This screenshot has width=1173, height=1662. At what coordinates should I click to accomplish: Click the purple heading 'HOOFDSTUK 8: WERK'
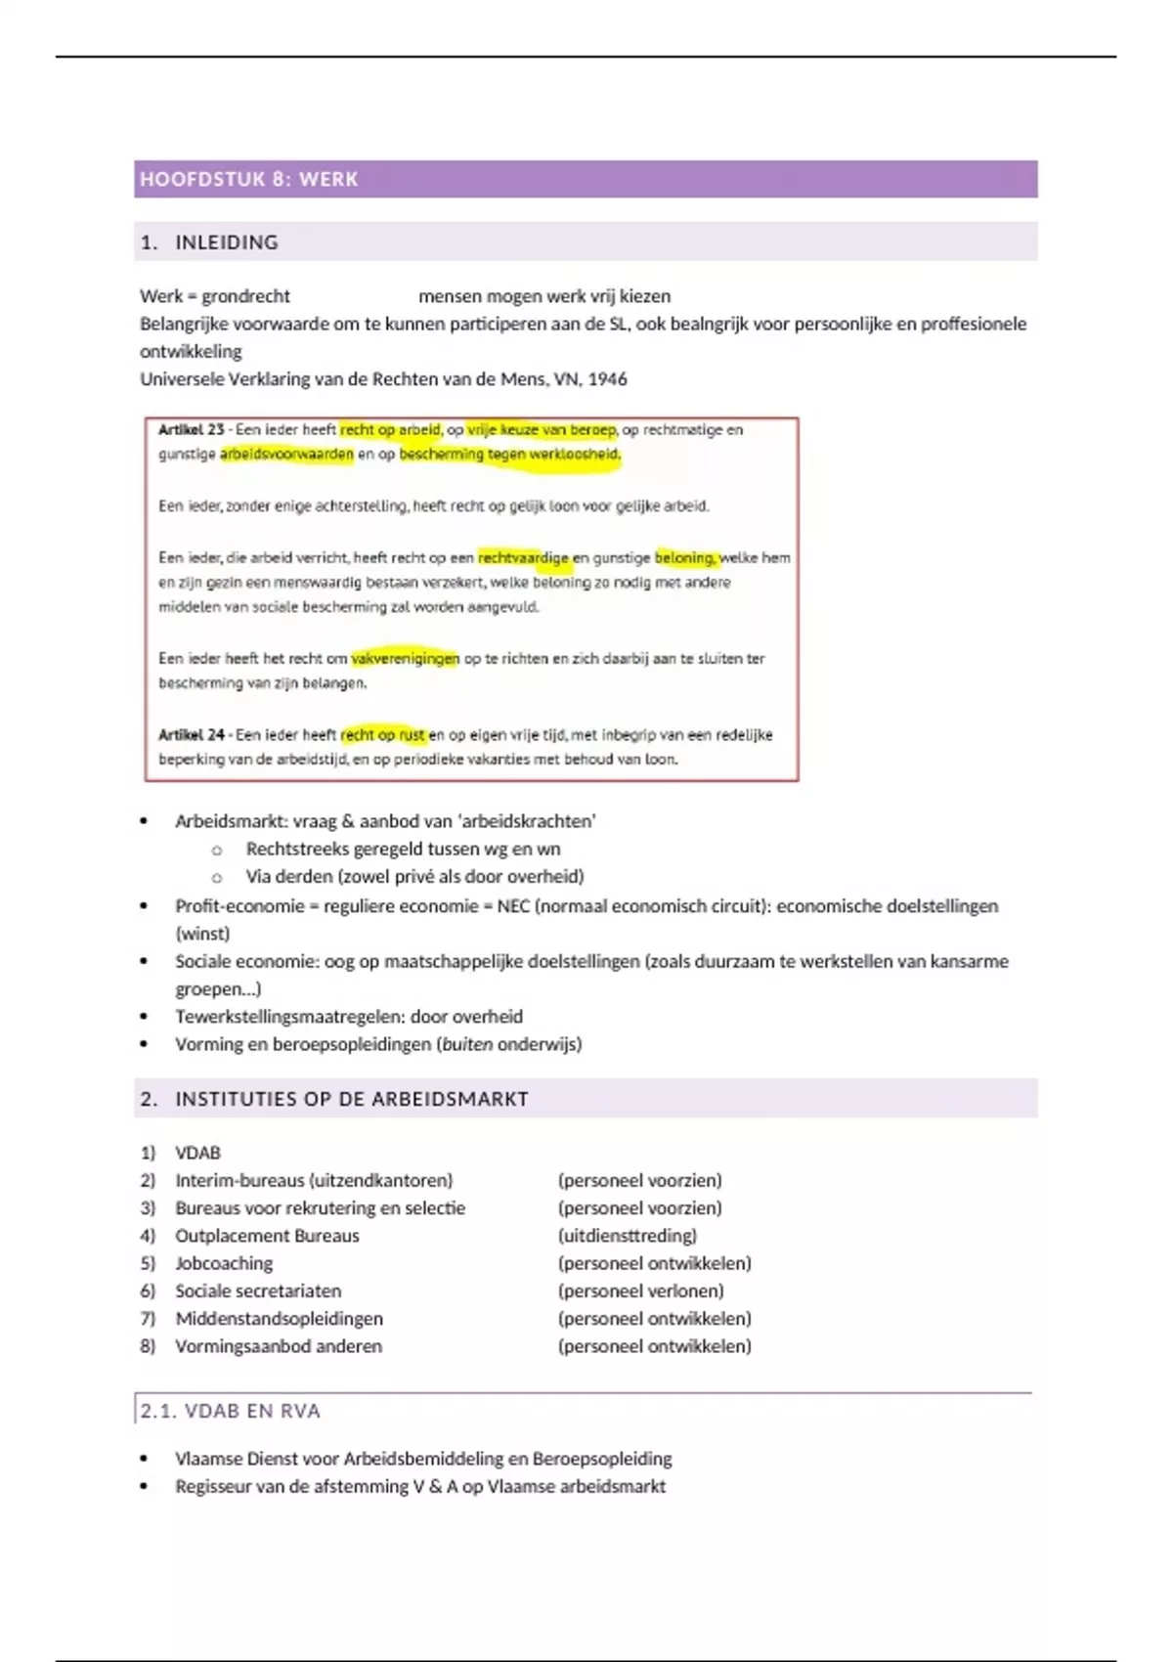(x=248, y=179)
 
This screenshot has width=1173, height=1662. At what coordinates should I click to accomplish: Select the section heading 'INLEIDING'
(x=226, y=242)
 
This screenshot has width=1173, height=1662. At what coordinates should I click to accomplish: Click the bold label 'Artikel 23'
(x=191, y=429)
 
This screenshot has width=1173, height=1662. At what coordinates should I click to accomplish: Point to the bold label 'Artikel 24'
(x=191, y=734)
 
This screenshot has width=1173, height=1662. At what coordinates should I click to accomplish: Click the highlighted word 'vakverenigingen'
(x=405, y=659)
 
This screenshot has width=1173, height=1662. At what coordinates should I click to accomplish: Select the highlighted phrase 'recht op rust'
(x=383, y=734)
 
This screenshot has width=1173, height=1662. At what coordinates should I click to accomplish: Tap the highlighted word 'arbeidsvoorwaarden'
(x=285, y=455)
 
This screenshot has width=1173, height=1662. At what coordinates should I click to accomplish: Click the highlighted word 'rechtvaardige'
(x=522, y=558)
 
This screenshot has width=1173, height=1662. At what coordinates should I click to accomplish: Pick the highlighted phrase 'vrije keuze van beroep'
(x=541, y=429)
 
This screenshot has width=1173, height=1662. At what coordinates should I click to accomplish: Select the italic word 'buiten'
(x=467, y=1044)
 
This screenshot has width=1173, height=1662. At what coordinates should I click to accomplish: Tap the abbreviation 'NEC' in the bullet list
(x=513, y=906)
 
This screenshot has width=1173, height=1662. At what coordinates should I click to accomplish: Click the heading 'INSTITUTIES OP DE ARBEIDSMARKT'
(x=351, y=1099)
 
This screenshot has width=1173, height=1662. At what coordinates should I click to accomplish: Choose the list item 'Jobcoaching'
(x=224, y=1263)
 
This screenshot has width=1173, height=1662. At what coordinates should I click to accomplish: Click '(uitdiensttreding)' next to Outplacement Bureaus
(x=627, y=1236)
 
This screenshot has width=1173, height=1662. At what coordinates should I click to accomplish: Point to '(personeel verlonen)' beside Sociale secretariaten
(x=640, y=1290)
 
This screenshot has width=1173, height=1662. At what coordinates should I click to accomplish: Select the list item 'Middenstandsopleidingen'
(x=279, y=1319)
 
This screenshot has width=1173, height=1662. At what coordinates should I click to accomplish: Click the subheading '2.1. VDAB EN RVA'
(x=230, y=1411)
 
